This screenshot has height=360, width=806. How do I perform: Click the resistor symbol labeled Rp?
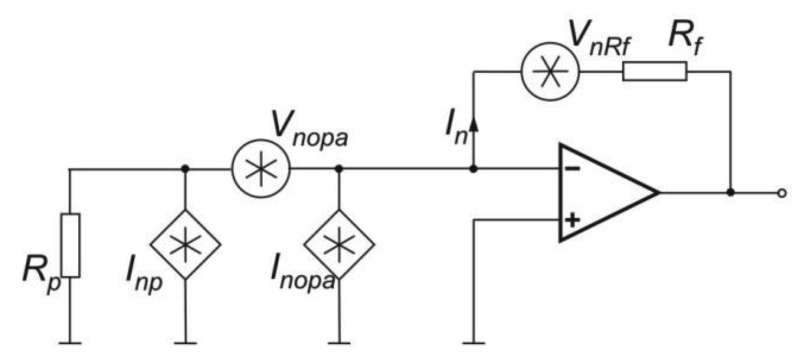(71, 244)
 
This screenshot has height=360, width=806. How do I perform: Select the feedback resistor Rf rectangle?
(654, 71)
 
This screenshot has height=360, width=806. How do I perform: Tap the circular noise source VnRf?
(550, 72)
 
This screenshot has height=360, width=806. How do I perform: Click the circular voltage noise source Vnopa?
(260, 169)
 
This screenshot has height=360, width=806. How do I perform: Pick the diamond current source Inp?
(185, 244)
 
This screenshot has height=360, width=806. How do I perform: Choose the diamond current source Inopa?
(339, 244)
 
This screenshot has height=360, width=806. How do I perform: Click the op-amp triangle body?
(601, 192)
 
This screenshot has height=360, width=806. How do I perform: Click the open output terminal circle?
(781, 193)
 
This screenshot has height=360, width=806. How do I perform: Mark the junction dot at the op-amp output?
(730, 193)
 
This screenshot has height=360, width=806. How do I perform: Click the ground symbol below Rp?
(71, 343)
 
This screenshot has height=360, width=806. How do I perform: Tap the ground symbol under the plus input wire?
(473, 343)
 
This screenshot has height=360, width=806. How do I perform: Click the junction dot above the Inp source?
(185, 169)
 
